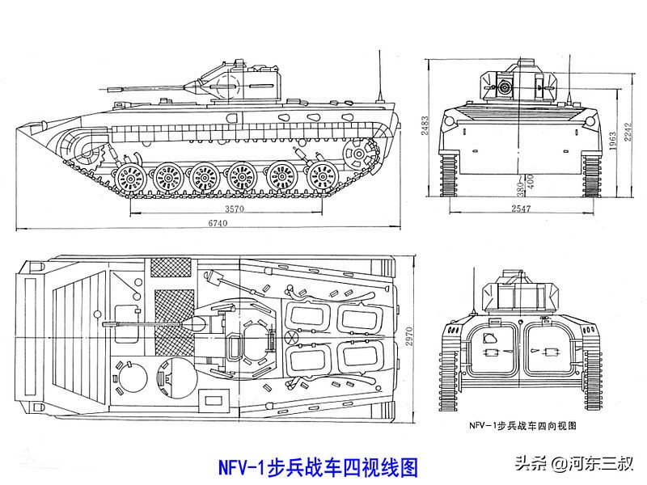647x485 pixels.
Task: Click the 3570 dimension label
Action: [234, 209]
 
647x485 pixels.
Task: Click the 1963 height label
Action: [614, 143]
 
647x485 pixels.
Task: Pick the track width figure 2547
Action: [521, 209]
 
